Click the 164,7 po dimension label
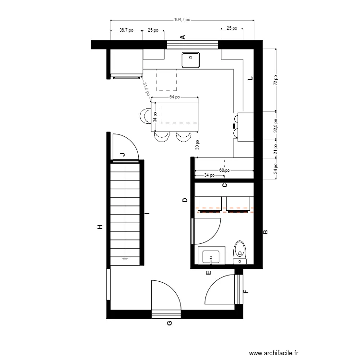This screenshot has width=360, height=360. pyautogui.click(x=182, y=20)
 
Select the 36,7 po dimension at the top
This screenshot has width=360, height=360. pyautogui.click(x=126, y=30)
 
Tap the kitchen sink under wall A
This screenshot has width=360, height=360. pyautogui.click(x=191, y=60)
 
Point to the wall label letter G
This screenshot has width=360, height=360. pyautogui.click(x=169, y=323)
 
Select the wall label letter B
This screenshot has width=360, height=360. pyautogui.click(x=265, y=232)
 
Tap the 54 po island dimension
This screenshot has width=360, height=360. pyautogui.click(x=174, y=97)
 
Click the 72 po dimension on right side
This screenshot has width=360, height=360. pyautogui.click(x=276, y=80)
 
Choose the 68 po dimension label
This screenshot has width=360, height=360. pyautogui.click(x=224, y=170)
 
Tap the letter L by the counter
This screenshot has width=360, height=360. pyautogui.click(x=250, y=79)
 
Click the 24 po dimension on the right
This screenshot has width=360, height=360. pyautogui.click(x=276, y=169)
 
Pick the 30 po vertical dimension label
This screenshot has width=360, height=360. pyautogui.click(x=197, y=145)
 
